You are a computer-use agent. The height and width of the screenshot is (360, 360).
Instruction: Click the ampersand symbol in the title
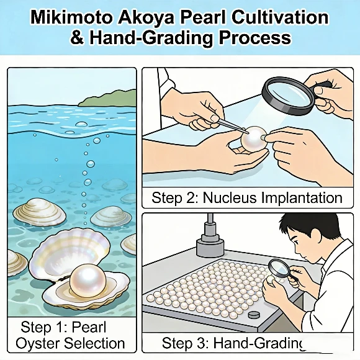pyautogui.click(x=78, y=37)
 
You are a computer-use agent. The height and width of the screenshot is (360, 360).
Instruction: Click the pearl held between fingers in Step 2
pyautogui.click(x=255, y=140)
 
